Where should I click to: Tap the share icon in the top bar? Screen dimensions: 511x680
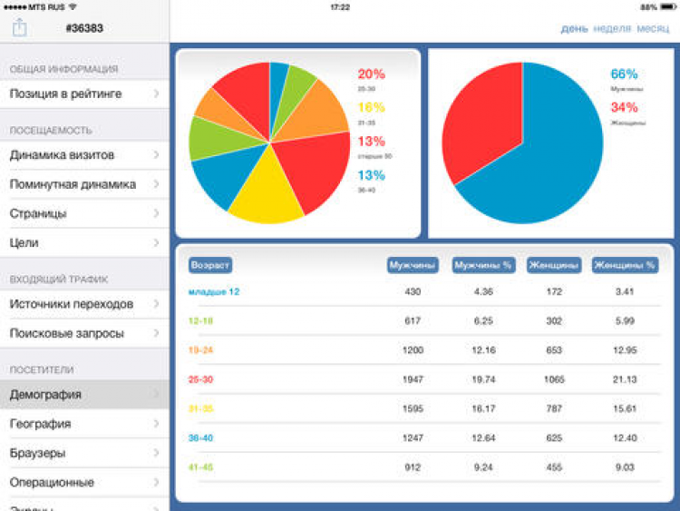20,28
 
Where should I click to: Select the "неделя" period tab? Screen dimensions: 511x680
612,28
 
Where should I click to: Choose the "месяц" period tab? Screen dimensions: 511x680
653,28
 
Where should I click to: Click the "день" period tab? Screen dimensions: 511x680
574,28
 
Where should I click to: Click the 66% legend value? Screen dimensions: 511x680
624,74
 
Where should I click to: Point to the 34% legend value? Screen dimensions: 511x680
624,107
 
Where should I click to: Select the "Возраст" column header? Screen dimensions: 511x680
210,266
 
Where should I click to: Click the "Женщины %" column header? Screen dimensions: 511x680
625,266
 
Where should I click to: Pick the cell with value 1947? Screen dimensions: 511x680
413,378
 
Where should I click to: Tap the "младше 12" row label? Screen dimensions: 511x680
214,291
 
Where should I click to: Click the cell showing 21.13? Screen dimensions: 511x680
625,378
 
